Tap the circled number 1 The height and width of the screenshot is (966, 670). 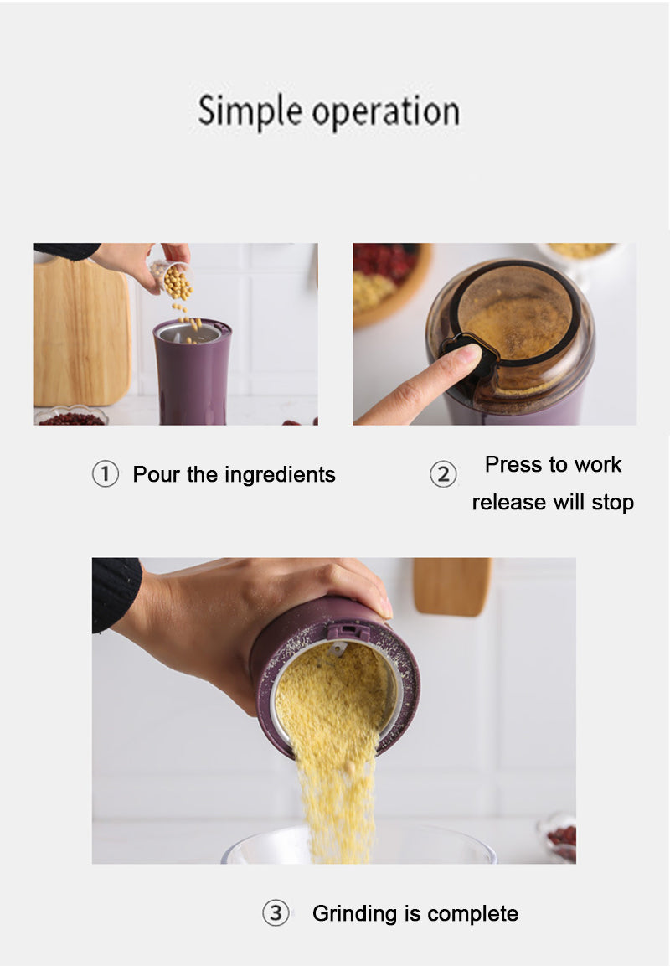pos(105,474)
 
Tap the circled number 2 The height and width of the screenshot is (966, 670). pos(443,474)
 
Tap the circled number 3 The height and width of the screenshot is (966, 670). pos(276,912)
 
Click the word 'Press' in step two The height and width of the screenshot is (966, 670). pos(514,464)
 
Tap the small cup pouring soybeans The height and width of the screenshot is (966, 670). pos(170,274)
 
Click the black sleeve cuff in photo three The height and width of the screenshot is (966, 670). pos(116,591)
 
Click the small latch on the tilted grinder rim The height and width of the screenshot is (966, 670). pos(348,631)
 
